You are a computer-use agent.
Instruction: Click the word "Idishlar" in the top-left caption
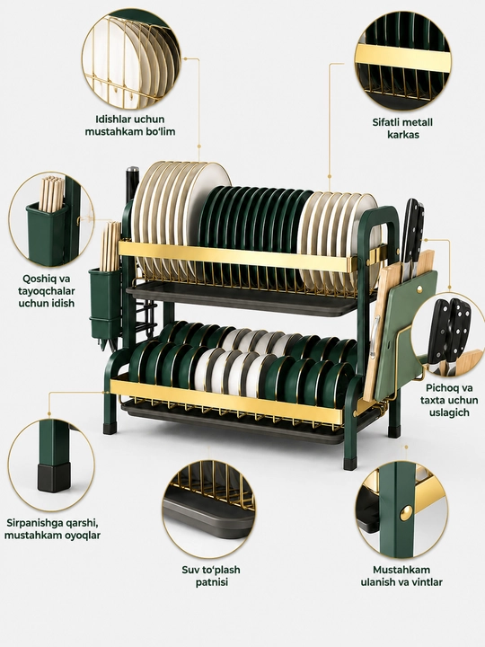113,120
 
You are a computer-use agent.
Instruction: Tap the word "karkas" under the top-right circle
403,135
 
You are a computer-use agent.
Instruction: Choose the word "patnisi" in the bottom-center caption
211,582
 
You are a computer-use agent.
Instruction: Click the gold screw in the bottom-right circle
406,512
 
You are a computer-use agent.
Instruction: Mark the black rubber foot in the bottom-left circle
53,478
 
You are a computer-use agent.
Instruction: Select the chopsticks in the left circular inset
51,193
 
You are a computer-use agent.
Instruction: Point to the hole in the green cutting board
419,289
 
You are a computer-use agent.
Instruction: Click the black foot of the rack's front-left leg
110,428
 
